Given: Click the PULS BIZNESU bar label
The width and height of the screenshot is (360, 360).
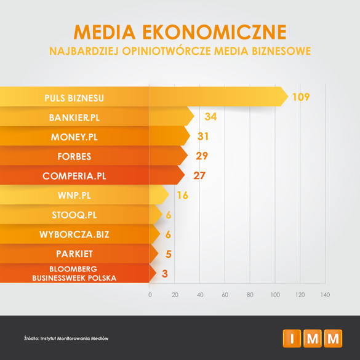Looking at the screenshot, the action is point(74,98).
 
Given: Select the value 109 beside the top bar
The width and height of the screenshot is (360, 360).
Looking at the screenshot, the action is point(301,97).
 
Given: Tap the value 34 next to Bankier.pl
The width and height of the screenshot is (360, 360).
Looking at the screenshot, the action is point(210,117).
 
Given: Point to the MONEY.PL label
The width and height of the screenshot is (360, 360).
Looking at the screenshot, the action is point(74,137).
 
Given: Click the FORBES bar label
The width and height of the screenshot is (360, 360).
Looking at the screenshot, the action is point(74,156).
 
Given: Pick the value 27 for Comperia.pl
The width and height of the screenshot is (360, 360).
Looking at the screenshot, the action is point(199,175).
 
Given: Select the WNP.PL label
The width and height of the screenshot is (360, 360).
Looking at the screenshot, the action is point(74,196).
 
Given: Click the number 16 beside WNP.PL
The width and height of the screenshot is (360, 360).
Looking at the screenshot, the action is point(183,195).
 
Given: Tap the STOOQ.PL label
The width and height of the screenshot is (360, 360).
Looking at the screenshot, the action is point(74,215).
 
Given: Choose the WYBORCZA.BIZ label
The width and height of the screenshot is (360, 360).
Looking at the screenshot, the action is point(74,234).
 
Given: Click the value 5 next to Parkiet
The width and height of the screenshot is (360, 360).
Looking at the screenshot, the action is point(169,254).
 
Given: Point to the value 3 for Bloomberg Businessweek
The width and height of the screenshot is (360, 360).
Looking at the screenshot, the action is point(165,274).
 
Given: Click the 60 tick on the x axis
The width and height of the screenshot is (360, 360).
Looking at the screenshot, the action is point(225,295).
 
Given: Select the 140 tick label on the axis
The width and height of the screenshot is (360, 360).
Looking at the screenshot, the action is point(325,295).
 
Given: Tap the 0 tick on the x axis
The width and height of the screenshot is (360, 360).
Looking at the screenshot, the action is point(150,295).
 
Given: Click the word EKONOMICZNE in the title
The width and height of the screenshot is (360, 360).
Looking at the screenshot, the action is point(214,32).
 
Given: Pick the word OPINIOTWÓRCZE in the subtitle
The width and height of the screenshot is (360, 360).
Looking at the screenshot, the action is point(166,51).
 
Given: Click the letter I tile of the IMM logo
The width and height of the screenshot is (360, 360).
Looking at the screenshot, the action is point(292,338).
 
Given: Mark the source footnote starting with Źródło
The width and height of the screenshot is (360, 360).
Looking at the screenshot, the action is point(66,338).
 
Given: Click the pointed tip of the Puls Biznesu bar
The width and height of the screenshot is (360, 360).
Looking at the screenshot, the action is point(288,97).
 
